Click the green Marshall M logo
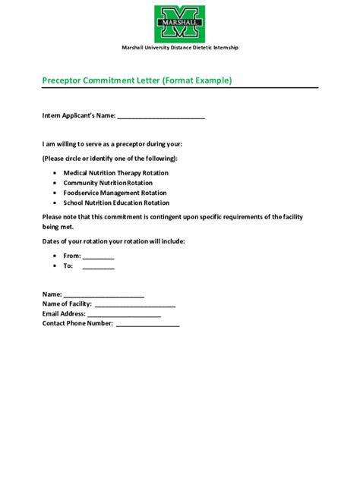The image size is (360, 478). pos(180,23)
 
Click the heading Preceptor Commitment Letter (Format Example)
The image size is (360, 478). pos(137,80)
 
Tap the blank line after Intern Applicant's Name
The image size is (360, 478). pos(161,117)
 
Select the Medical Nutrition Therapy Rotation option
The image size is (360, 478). pos(116,173)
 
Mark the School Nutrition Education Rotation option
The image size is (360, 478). pos(116,203)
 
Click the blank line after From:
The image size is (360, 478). pos(98,257)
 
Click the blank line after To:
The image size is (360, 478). pos(98,267)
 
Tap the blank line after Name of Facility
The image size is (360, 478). pos(134,304)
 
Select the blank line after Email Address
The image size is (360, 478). pos(124,314)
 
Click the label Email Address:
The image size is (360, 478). pos(64,313)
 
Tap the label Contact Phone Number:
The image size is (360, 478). pos(77,323)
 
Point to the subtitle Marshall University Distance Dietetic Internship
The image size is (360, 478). pos(180,47)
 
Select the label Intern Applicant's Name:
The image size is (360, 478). pos(78,116)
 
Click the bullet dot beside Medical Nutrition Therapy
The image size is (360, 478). pos(56,173)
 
